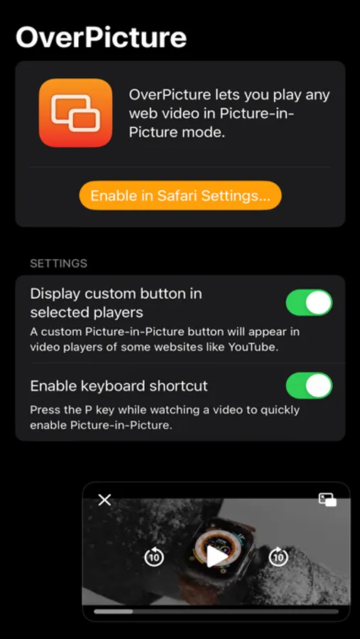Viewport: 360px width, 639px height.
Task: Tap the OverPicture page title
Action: [101, 37]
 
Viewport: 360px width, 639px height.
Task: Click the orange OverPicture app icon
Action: [75, 113]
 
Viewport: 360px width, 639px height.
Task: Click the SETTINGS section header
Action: [59, 263]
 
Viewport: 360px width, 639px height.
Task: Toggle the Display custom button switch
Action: [309, 302]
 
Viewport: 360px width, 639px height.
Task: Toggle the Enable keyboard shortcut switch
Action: [309, 386]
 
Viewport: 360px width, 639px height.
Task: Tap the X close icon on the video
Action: [105, 500]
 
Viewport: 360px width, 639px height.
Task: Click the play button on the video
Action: [217, 557]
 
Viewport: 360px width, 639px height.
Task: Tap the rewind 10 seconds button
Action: [154, 557]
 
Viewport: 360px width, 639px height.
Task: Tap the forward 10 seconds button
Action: [278, 557]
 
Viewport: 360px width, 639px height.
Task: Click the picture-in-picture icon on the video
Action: [327, 500]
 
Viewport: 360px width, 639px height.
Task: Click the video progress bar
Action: [216, 611]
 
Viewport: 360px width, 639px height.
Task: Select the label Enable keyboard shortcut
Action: [119, 386]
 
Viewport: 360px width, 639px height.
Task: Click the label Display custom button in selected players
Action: [116, 302]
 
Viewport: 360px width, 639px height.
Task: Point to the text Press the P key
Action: [73, 410]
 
